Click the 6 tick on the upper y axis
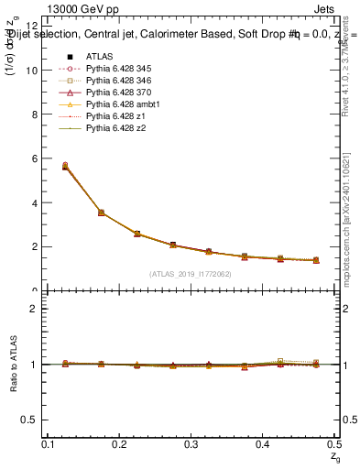pos(36,158)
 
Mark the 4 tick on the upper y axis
pos(36,202)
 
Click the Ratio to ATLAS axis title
pos(12,365)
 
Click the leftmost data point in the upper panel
pos(64,166)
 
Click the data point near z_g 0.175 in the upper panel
pos(101,213)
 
